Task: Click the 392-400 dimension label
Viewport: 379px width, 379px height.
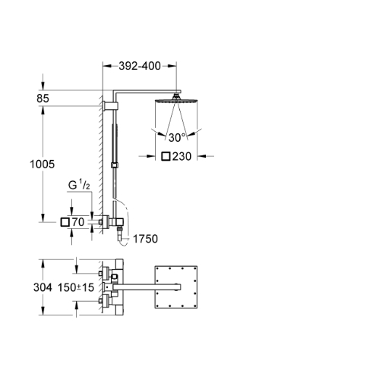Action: [x=140, y=66]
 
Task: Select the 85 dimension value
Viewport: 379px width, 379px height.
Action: [x=43, y=99]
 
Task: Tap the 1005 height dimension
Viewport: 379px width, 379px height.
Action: [x=43, y=164]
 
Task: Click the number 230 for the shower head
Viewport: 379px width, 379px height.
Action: [x=182, y=156]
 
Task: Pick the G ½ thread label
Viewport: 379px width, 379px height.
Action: [x=79, y=186]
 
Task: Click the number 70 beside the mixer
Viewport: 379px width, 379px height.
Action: [x=78, y=222]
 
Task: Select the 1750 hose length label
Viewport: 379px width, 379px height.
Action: [x=145, y=239]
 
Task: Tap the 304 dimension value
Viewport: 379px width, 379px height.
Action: [x=43, y=287]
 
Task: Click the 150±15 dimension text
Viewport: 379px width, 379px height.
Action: [x=76, y=287]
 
